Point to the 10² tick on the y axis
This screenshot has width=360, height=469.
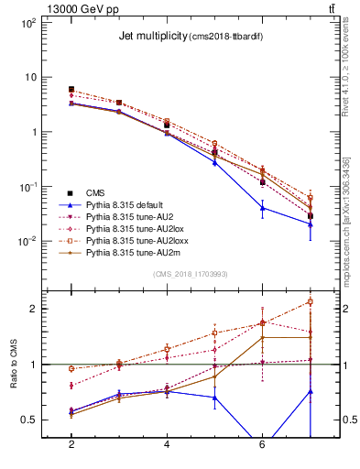click(x=29, y=22)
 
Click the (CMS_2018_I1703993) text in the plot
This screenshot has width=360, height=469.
click(x=190, y=274)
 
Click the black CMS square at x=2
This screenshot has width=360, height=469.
click(x=71, y=90)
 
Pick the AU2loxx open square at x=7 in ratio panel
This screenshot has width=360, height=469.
click(x=311, y=301)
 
